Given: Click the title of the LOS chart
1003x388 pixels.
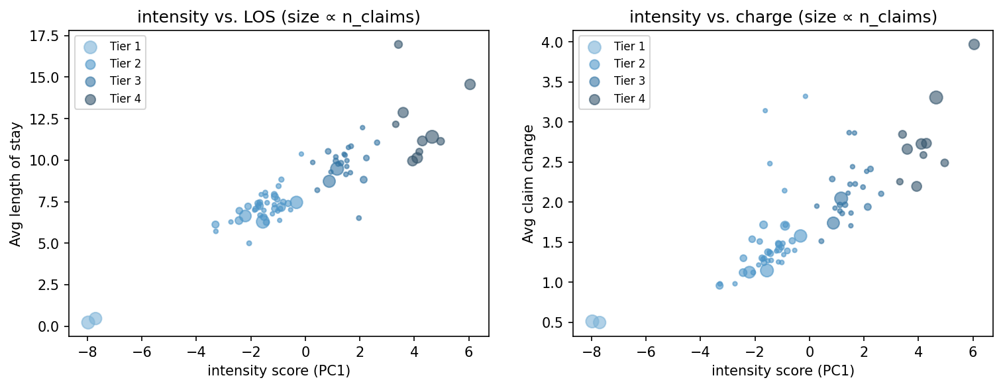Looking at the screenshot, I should click(278, 18).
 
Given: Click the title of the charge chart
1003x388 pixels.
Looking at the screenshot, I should click(782, 18).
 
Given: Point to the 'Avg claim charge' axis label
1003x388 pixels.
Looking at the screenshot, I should click(528, 183).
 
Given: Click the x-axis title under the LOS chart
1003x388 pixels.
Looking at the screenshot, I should click(278, 371).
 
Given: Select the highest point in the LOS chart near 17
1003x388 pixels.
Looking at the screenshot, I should click(398, 44).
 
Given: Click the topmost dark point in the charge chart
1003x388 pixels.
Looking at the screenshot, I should click(974, 44).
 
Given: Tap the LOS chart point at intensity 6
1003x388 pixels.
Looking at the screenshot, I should click(470, 84).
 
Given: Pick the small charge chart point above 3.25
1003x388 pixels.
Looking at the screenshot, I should click(805, 96).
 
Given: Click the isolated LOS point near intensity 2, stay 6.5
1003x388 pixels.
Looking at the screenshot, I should click(359, 218).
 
